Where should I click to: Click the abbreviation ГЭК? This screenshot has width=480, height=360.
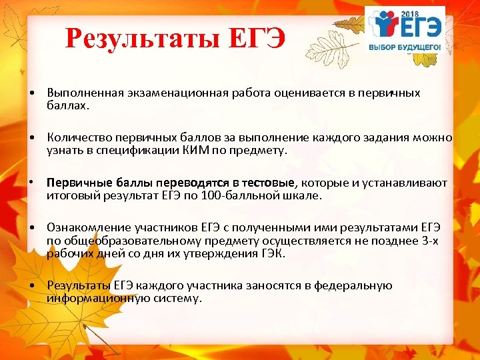(271, 253)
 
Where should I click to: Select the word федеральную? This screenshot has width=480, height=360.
(351, 285)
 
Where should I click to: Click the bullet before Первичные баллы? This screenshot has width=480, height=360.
(33, 183)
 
